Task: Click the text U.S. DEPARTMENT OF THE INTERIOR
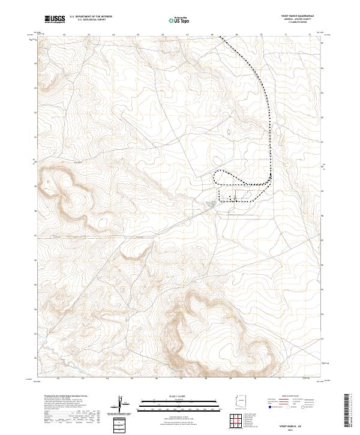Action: click(x=91, y=17)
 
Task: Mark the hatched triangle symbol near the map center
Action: click(x=209, y=205)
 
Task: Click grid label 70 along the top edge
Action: click(x=261, y=34)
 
